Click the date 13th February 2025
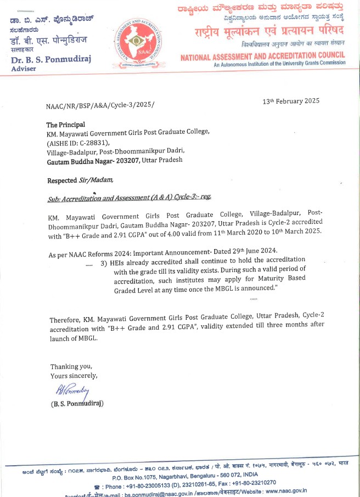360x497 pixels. tap(291, 101)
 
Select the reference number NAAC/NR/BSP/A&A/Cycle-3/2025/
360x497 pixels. tap(101, 105)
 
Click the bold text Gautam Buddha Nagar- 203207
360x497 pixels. tap(93, 160)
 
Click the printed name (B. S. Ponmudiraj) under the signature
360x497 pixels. tap(77, 404)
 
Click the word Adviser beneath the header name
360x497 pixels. tap(24, 69)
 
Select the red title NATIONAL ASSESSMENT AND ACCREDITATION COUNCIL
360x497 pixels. tap(263, 55)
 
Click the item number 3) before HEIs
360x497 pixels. tap(104, 263)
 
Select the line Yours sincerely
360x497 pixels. tap(74, 376)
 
